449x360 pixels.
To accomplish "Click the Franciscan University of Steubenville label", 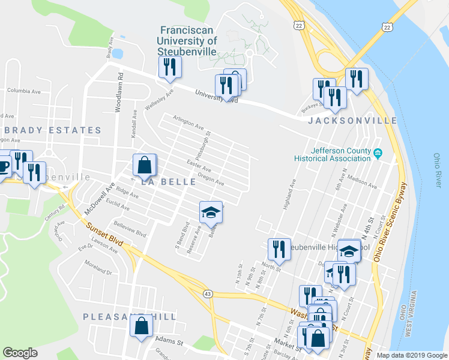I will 187,40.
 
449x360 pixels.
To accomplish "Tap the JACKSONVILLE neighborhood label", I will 352,121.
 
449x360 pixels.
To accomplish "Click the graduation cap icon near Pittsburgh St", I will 211,212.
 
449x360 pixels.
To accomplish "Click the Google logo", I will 20,352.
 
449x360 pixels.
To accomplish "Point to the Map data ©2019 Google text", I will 411,355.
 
